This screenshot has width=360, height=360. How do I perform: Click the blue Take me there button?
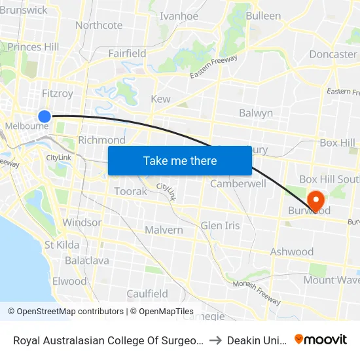coord(179,160)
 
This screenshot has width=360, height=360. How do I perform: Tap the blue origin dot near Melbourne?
coord(45,117)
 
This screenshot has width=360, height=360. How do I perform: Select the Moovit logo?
coord(321,339)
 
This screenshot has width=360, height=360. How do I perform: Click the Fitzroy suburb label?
coord(58,94)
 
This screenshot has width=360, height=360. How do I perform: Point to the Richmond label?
coord(101,140)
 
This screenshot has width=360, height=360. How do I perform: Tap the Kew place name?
coord(160,99)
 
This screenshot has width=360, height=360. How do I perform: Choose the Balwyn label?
coord(256,113)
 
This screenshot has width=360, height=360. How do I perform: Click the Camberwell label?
coord(238,184)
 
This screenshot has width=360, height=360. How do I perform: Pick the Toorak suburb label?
coord(126,191)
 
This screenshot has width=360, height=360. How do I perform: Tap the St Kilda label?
coord(62,245)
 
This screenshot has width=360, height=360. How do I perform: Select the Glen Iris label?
coord(220,226)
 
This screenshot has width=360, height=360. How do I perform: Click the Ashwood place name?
coord(292,252)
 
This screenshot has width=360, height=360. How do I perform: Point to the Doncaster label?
coord(333,54)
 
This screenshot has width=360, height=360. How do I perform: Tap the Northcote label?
coord(99,26)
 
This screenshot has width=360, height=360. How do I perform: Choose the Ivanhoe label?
coord(179,16)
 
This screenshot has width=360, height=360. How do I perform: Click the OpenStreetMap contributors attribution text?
coord(65,312)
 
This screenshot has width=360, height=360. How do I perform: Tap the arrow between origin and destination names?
coord(217,340)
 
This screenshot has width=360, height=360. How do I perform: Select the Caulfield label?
coord(147,294)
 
